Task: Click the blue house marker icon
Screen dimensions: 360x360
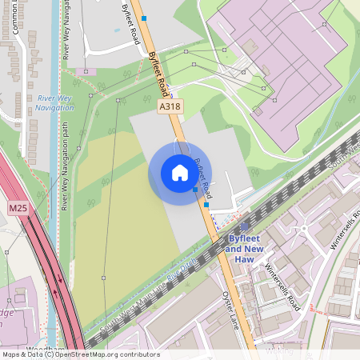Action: (x=179, y=173)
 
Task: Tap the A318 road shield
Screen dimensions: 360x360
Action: (x=169, y=105)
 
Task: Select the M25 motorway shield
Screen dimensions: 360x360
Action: (x=18, y=208)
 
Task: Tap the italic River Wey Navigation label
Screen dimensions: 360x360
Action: (x=55, y=102)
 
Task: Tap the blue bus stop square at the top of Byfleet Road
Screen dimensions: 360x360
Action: (x=144, y=18)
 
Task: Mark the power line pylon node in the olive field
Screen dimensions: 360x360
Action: (x=103, y=278)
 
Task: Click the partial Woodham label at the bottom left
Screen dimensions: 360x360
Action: (x=38, y=350)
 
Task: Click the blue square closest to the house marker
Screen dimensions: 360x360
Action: (x=195, y=190)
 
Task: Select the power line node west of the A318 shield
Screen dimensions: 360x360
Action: (x=118, y=100)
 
